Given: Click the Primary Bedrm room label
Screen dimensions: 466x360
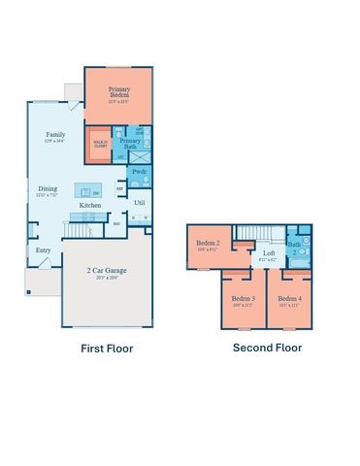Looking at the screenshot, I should (120, 92).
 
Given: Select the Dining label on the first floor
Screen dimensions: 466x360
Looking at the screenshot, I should (48, 189).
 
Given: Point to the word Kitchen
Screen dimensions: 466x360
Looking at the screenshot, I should (91, 206).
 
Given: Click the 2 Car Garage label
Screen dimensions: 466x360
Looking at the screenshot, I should (108, 271).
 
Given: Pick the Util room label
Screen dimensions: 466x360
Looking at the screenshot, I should (139, 203).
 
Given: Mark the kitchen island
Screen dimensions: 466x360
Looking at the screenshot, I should (89, 190).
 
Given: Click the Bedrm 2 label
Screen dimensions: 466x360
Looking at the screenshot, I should (209, 243).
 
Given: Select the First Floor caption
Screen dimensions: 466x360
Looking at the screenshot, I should (107, 348).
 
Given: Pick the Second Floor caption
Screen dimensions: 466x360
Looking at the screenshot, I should (267, 348).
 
